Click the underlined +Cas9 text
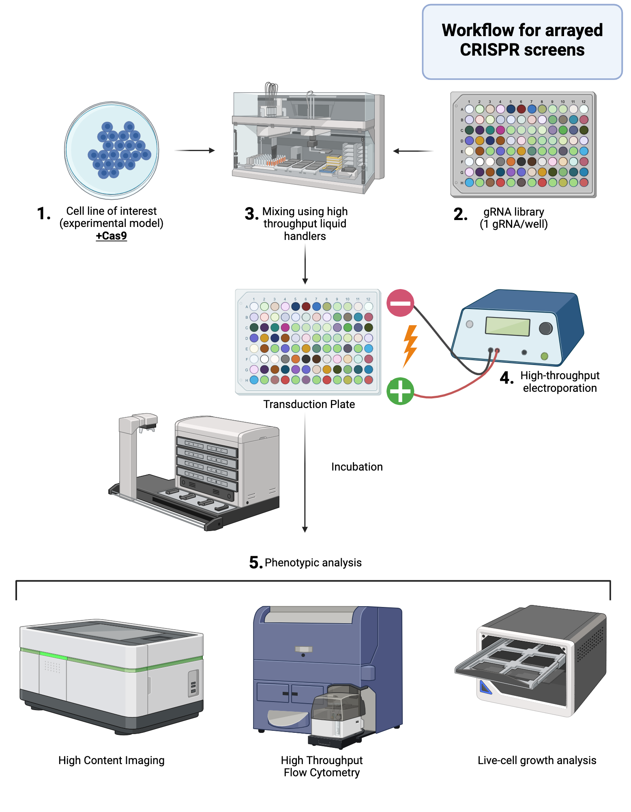coord(111,236)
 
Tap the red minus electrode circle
coord(400,303)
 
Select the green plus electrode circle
coord(400,391)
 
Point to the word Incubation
coord(356,467)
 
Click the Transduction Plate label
coord(309,404)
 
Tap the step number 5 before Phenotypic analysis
coord(255,563)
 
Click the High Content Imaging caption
coord(111,760)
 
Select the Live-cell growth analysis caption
coord(537,760)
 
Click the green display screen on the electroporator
coord(507,326)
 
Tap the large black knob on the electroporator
coord(545,328)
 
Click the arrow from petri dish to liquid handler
coord(195,151)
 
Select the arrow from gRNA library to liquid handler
coord(413,151)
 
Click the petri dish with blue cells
coord(112,150)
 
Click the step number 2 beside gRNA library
coord(460,214)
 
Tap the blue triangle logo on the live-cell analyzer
coord(485,687)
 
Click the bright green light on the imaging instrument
coord(53,656)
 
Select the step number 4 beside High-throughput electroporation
coord(507,378)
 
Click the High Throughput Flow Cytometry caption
coord(322,766)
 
